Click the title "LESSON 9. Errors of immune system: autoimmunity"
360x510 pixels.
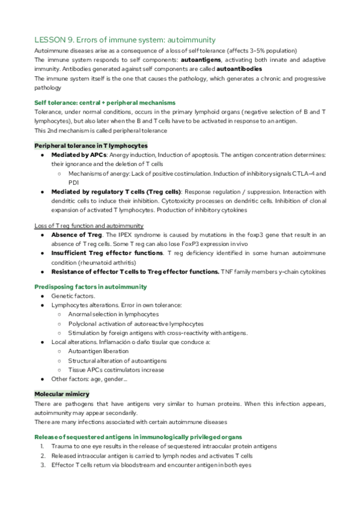click(125, 40)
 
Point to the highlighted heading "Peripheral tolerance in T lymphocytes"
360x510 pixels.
click(91, 146)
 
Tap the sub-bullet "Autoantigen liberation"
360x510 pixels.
click(99, 351)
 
